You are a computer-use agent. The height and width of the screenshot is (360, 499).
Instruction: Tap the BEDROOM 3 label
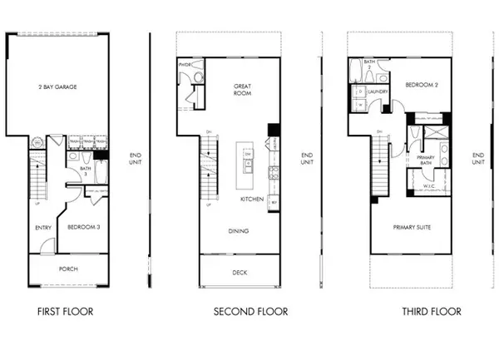(85, 226)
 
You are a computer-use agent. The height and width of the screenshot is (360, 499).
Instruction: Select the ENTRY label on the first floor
(44, 226)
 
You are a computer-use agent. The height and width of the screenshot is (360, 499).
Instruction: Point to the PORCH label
(68, 269)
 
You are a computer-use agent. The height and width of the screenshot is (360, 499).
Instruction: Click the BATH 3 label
(84, 172)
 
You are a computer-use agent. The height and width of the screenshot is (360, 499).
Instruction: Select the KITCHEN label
(252, 200)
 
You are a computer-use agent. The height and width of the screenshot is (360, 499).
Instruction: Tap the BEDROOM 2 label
(421, 86)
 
